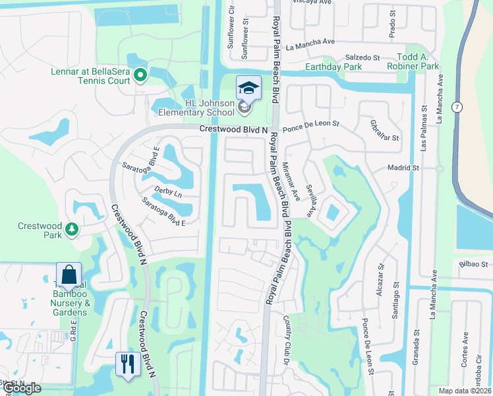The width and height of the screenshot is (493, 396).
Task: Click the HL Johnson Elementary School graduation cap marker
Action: tap(248, 88)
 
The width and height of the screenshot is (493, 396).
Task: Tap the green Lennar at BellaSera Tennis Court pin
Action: tap(140, 76)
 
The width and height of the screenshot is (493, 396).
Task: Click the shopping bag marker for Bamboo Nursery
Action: tap(69, 274)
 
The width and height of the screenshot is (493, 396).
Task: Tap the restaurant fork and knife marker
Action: tap(126, 363)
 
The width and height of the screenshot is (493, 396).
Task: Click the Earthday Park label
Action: tap(333, 67)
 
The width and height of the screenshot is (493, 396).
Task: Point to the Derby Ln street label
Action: tap(168, 194)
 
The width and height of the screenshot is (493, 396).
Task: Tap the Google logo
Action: tap(22, 388)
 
